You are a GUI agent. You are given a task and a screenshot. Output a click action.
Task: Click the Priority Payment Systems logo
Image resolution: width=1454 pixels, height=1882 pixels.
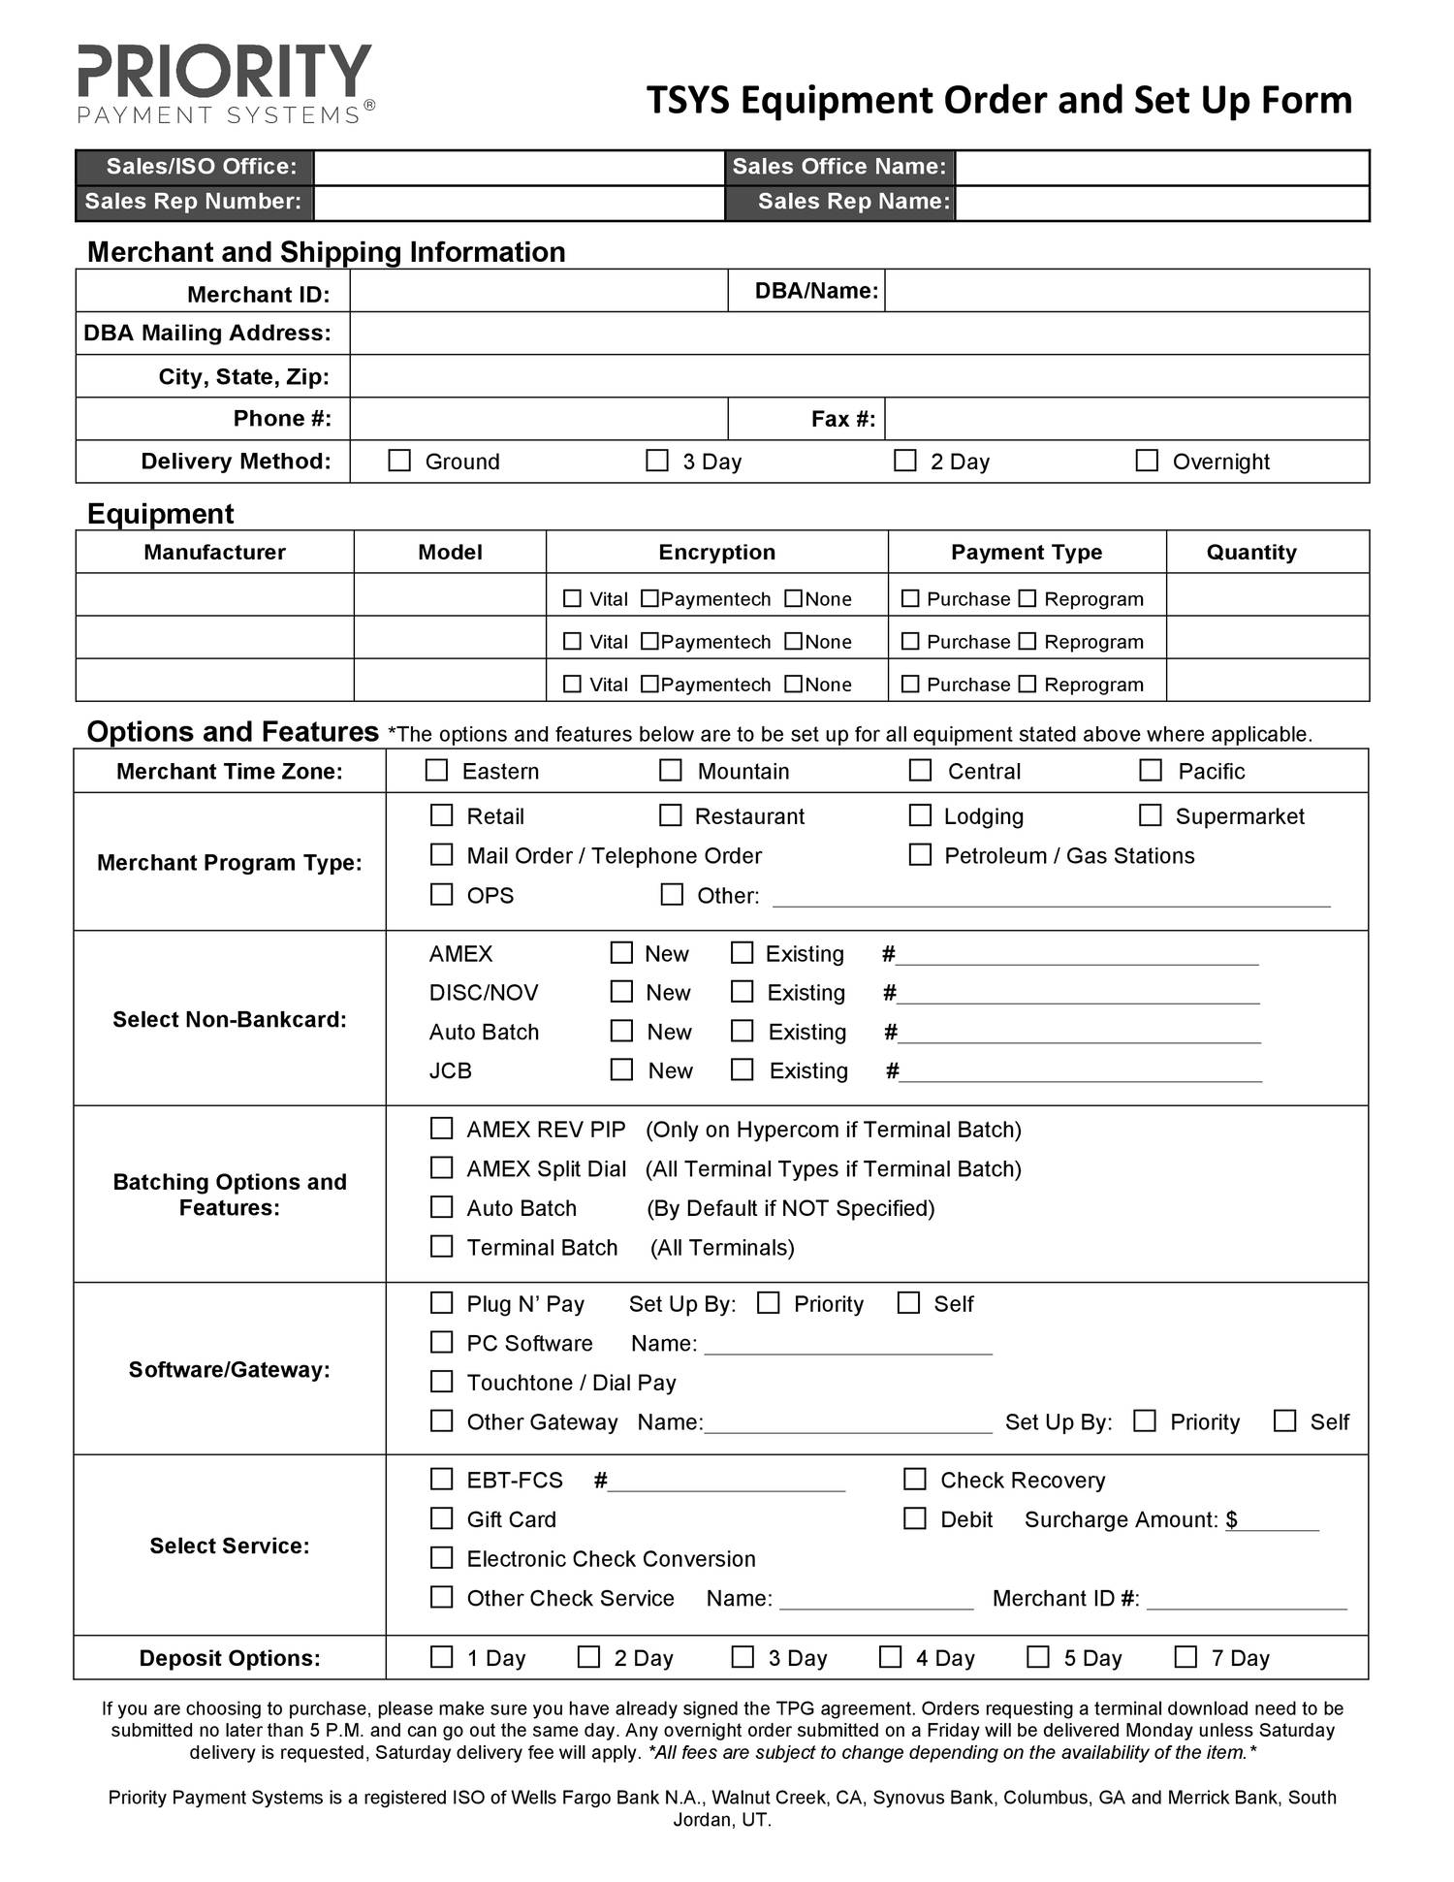tap(226, 84)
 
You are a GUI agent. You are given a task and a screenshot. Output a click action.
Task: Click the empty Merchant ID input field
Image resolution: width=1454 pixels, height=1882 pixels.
tap(538, 291)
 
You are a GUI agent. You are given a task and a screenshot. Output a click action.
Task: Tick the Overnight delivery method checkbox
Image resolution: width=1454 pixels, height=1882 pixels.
tap(1147, 461)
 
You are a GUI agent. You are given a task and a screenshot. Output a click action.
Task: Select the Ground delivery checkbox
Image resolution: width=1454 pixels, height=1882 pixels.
tap(399, 461)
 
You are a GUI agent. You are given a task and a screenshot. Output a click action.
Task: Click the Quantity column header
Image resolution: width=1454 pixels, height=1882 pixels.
tap(1250, 552)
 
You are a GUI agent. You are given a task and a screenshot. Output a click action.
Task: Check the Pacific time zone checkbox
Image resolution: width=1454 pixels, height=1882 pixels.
tap(1151, 771)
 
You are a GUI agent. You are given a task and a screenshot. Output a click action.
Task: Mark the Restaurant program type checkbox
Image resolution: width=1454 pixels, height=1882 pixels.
tap(671, 815)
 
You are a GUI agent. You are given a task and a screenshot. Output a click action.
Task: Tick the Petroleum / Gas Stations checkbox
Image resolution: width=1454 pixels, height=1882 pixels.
tap(920, 855)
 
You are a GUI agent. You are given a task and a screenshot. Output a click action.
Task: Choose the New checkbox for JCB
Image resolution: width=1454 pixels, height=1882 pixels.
tap(621, 1070)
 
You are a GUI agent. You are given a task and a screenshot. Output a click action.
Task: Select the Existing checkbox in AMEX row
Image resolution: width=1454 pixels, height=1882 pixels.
tap(742, 953)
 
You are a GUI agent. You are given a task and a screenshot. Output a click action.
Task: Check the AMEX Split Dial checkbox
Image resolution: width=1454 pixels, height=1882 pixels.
tap(441, 1168)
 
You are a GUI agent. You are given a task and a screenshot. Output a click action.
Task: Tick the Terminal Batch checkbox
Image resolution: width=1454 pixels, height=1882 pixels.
tap(441, 1247)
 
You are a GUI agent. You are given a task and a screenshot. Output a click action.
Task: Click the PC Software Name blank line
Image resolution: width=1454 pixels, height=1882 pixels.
tap(848, 1343)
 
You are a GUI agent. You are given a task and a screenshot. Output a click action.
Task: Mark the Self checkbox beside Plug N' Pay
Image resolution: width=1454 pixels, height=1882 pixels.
tap(908, 1303)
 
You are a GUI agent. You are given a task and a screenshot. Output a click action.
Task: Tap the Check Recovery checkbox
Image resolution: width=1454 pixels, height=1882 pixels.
tap(914, 1480)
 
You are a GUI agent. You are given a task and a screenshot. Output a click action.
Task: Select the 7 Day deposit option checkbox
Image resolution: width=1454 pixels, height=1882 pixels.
tap(1185, 1657)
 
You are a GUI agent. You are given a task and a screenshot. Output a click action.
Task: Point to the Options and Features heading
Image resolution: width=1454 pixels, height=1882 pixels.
tap(233, 732)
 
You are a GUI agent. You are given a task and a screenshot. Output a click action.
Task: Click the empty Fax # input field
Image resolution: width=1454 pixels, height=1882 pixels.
tap(1125, 419)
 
